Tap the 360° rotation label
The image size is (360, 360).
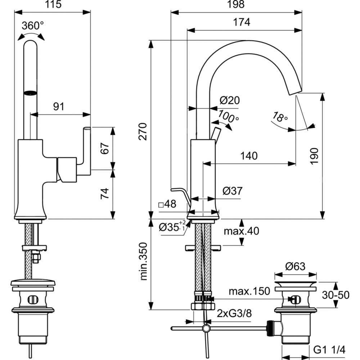coord(32,26)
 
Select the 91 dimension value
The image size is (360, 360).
coord(58,107)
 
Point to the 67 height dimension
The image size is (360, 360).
coord(104,148)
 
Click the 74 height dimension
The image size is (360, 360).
coord(104,194)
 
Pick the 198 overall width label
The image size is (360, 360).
coord(236,4)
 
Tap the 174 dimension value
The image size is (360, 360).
coord(241,22)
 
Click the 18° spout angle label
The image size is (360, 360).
coord(280,117)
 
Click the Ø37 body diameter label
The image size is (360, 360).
coord(233,191)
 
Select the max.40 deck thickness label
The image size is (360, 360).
coord(241,231)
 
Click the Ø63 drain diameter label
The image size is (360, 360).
coord(295,267)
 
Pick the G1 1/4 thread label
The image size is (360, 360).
coord(329,349)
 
